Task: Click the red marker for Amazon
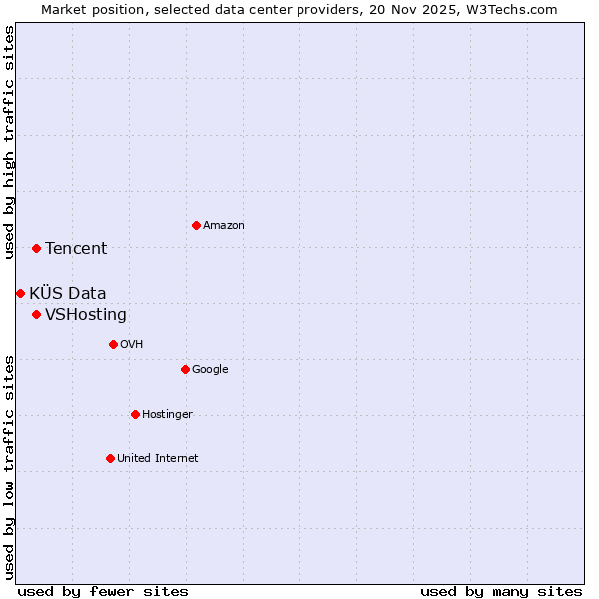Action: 196,225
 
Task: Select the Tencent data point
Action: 36,248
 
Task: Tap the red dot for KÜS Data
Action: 20,293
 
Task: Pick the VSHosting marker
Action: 36,314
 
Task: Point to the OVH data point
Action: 113,344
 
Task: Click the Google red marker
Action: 185,369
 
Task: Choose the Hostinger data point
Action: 135,414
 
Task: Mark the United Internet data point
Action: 110,458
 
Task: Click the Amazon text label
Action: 224,226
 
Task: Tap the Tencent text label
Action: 76,249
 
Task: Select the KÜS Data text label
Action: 68,294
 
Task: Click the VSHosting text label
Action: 86,315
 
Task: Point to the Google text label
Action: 210,370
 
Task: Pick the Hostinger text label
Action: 167,415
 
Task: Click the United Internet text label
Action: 158,459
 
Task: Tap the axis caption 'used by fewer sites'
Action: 103,591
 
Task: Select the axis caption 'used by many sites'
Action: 501,591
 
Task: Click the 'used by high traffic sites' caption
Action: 9,142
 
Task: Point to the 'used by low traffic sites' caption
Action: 9,467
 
